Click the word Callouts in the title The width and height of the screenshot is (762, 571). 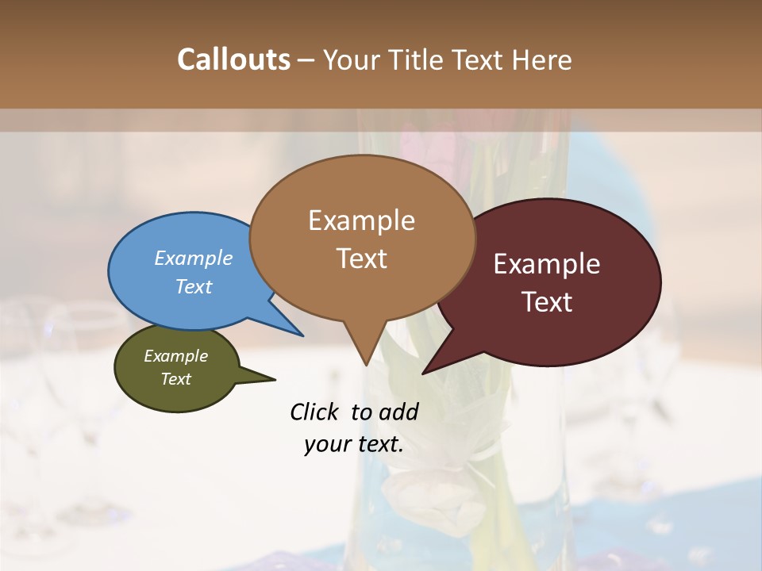[233, 59]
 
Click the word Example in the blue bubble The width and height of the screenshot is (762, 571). [194, 259]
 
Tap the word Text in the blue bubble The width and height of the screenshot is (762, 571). [194, 286]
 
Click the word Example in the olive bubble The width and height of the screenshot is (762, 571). [175, 356]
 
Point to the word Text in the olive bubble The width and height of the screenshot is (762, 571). [175, 379]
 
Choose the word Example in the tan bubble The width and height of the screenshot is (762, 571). [361, 220]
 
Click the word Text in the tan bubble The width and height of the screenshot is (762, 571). [361, 259]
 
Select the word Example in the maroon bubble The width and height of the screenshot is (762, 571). [547, 264]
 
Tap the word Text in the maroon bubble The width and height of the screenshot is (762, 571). [547, 302]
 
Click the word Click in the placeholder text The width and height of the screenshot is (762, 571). [316, 412]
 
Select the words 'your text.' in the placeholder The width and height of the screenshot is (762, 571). [354, 445]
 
